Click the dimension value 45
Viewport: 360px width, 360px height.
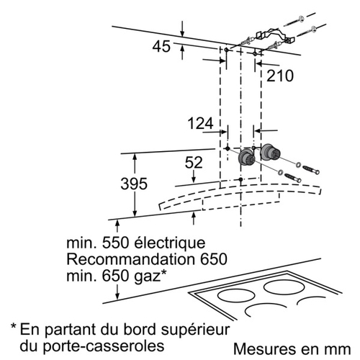tap(161, 47)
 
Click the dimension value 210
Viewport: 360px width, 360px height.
tap(280, 76)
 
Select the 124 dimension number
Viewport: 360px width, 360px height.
tap(200, 124)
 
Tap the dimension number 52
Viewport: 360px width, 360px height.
tap(194, 163)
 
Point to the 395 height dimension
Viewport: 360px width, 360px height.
tap(134, 184)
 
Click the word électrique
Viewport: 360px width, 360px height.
tap(169, 243)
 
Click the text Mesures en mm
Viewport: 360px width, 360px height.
tap(292, 348)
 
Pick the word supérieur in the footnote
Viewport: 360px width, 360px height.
tap(196, 330)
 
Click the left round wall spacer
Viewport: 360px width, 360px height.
tap(246, 157)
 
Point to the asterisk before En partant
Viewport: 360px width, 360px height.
tap(14, 327)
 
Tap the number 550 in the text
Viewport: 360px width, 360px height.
tap(116, 243)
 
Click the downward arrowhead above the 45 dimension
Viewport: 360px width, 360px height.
tap(183, 34)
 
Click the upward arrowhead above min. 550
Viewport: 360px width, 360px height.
tap(117, 224)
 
